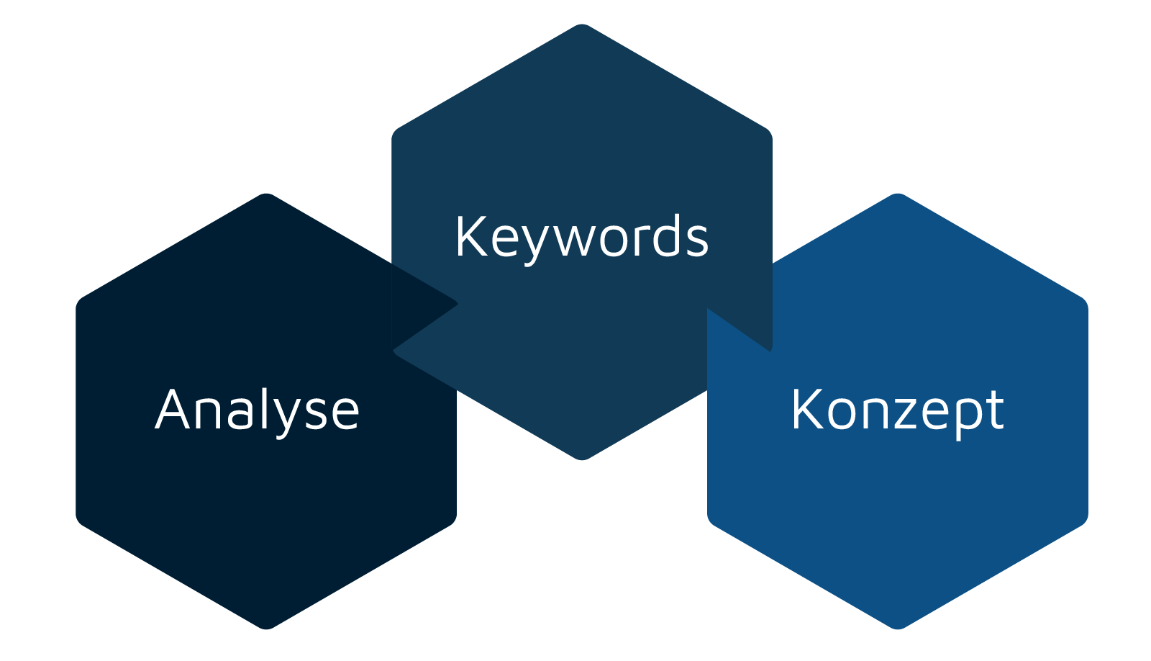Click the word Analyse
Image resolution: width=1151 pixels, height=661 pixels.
[257, 410]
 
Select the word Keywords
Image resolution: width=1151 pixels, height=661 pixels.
[581, 237]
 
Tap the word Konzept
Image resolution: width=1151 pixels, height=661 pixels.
[897, 410]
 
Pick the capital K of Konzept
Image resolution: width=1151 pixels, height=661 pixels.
[806, 409]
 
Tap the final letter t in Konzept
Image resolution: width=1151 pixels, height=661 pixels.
[995, 410]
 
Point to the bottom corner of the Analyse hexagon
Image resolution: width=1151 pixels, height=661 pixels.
[266, 629]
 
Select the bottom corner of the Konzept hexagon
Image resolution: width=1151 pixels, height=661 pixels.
[898, 629]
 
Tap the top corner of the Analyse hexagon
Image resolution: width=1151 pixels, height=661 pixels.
[266, 194]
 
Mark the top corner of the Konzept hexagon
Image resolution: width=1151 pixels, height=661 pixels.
[898, 194]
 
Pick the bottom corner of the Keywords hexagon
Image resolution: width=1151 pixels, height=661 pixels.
[582, 459]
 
